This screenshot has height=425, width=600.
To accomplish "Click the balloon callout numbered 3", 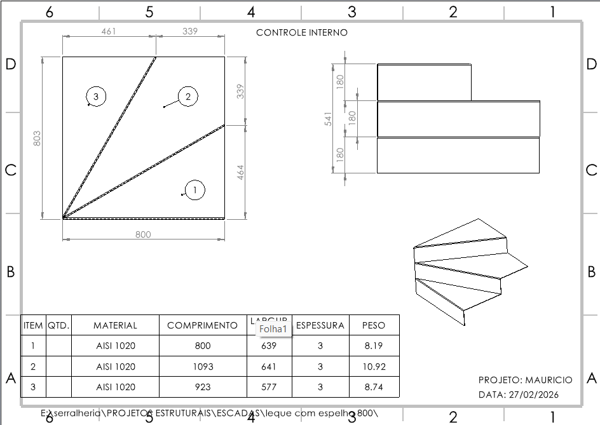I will point(96,97).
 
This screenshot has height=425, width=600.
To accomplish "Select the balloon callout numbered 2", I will point(188,97).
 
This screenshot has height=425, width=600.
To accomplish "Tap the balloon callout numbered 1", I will point(195,189).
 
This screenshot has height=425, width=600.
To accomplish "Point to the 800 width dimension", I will point(144,234).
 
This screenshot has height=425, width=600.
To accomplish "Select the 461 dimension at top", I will point(109,31).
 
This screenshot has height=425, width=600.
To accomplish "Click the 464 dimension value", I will point(240,172).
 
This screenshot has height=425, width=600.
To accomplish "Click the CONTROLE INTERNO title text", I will point(302,32).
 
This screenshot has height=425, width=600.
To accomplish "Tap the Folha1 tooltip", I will point(273,328).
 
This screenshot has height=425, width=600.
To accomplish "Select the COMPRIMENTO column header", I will point(202,325).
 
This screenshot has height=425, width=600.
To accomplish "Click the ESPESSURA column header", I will point(320,325).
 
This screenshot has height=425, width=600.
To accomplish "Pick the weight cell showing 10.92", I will point(374,367).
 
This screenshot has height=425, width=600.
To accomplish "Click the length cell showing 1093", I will point(202,367).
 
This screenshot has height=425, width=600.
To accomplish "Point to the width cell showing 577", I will point(269,387).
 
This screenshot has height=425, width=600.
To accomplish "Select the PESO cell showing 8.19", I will point(374,346).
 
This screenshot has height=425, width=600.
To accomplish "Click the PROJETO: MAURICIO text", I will point(525,380).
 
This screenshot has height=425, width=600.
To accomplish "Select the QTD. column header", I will point(58,325).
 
